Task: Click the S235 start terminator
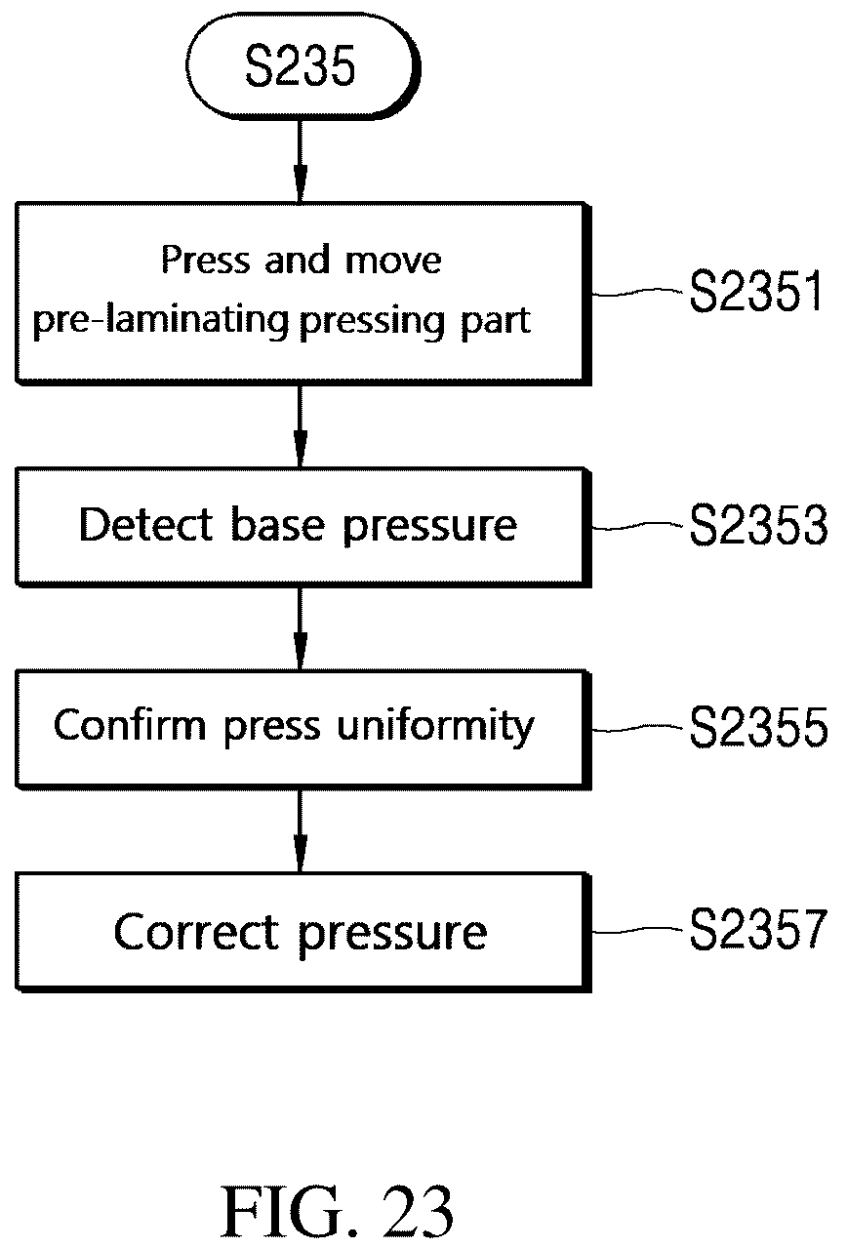pyautogui.click(x=302, y=65)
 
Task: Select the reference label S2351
pyautogui.click(x=756, y=292)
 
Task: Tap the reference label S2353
pyautogui.click(x=758, y=525)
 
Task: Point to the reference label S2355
pyautogui.click(x=758, y=727)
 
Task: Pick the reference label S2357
pyautogui.click(x=758, y=928)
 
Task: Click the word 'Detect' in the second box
pyautogui.click(x=146, y=524)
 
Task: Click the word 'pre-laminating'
pyautogui.click(x=161, y=321)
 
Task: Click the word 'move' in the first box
pyautogui.click(x=393, y=261)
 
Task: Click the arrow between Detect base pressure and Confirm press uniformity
pyautogui.click(x=301, y=629)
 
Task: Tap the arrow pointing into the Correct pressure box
pyautogui.click(x=301, y=831)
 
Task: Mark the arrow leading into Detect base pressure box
pyautogui.click(x=301, y=426)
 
